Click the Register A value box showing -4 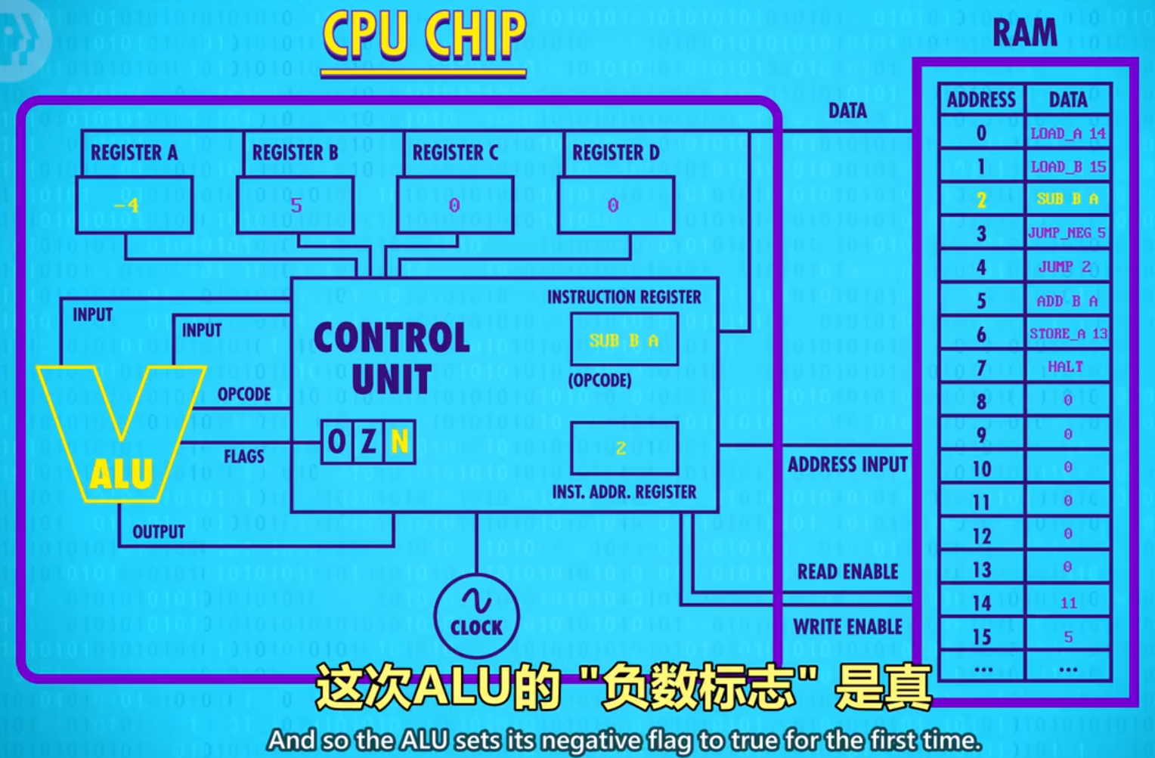134,205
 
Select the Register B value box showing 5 295,205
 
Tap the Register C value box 455,205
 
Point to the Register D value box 615,205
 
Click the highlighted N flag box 400,441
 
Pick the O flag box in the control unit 337,441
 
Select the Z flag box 369,441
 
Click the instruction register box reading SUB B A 624,340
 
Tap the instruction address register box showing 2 624,448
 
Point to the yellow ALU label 121,475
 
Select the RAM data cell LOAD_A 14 1067,134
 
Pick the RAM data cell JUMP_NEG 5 1067,233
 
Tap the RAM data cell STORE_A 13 1067,333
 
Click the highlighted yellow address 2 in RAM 981,200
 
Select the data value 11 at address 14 1067,602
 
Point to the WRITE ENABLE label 847,627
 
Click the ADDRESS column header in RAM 981,100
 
